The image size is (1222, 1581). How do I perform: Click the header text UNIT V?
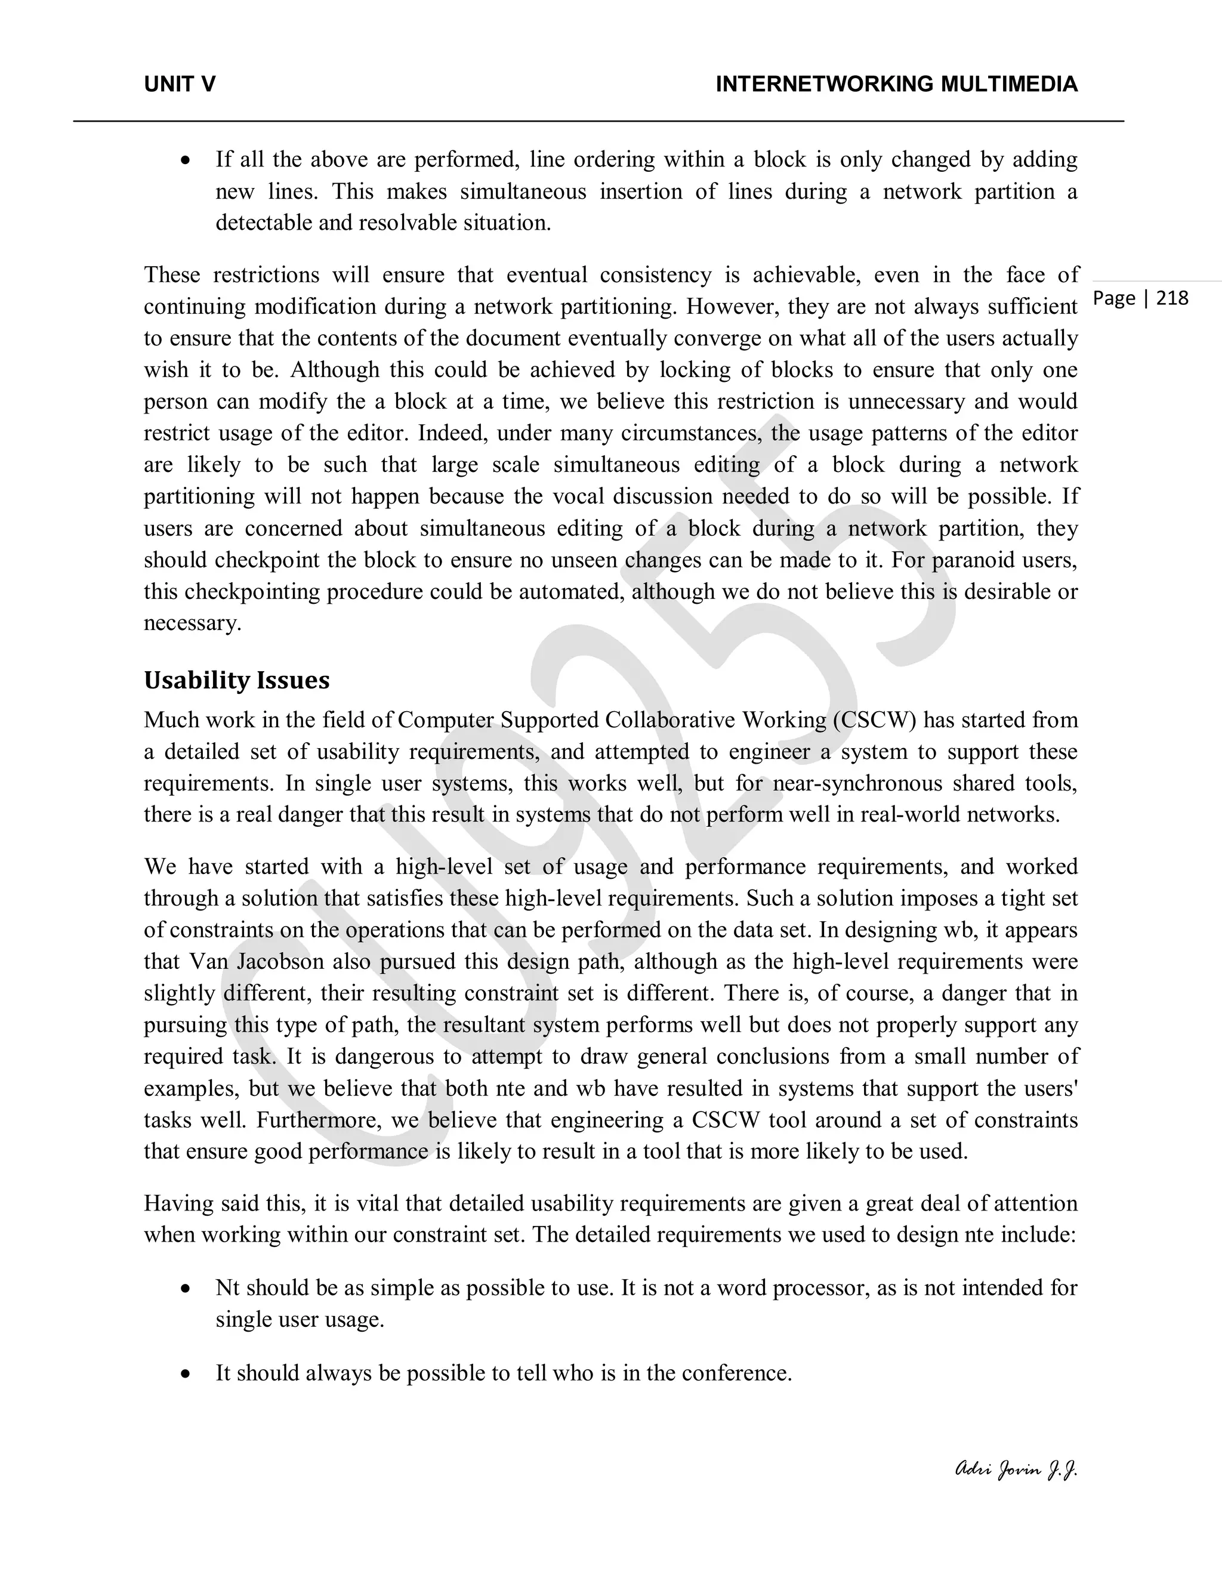tap(180, 85)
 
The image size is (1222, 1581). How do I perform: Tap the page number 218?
tap(1172, 298)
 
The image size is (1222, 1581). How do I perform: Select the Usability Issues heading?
tap(236, 681)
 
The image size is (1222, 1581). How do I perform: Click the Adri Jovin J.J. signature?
tap(1016, 1469)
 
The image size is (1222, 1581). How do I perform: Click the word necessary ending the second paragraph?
tap(192, 623)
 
